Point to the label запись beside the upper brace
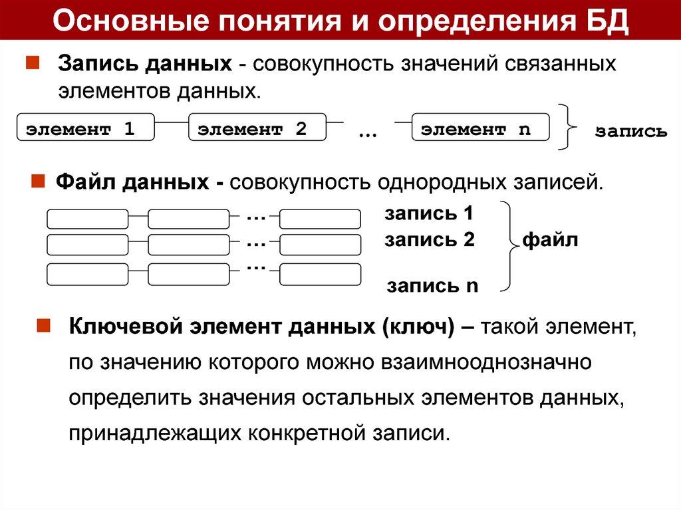coord(630,132)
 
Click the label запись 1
coord(428,215)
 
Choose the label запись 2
coord(429,240)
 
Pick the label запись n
coord(433,286)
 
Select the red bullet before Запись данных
coord(31,64)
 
